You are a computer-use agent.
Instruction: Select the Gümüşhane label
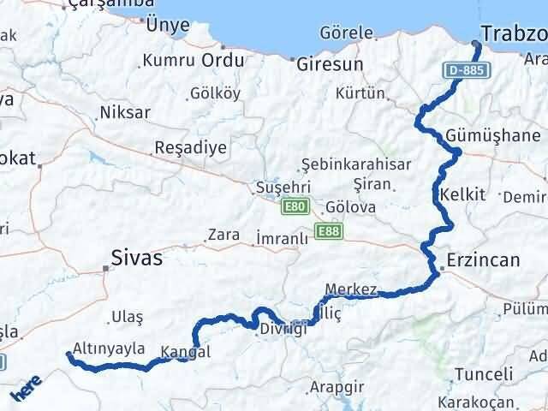click(493, 135)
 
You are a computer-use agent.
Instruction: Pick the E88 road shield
click(328, 230)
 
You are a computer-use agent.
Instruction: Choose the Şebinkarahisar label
click(356, 164)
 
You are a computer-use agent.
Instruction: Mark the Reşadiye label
click(190, 147)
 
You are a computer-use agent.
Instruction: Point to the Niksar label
click(125, 112)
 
